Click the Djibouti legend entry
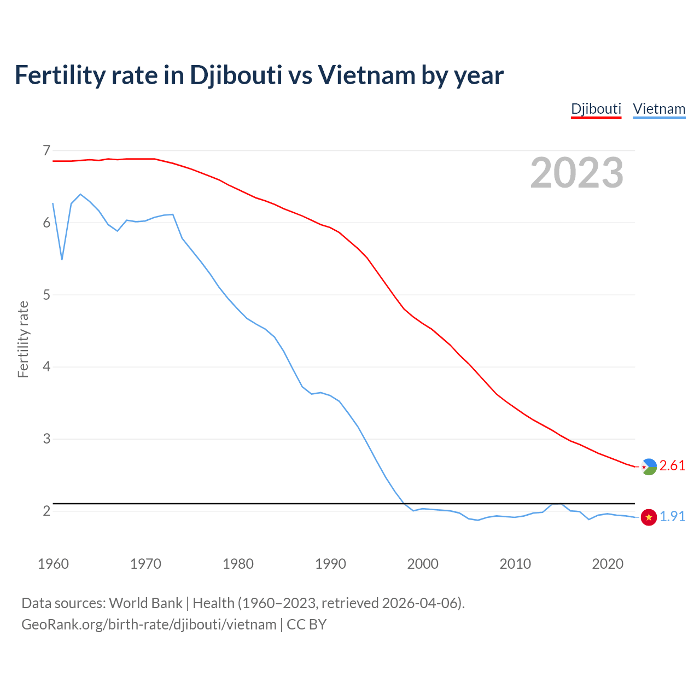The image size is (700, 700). [x=596, y=109]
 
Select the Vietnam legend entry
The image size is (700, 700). [x=659, y=109]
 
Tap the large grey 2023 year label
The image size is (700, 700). [x=577, y=173]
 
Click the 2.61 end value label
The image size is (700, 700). [x=672, y=466]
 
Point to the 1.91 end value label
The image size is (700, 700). [x=672, y=517]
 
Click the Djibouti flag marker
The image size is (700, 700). [x=649, y=466]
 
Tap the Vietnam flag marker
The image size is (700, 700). [x=649, y=517]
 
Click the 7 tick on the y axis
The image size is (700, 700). [x=46, y=150]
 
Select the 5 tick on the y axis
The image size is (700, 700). [x=46, y=295]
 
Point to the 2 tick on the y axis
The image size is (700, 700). [x=46, y=511]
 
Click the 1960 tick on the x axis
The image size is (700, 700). [x=53, y=564]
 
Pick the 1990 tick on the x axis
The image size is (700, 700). [x=330, y=564]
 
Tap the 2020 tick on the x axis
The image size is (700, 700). [x=608, y=564]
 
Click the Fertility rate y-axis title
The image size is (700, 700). [x=23, y=339]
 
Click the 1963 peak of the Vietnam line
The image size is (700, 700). [x=80, y=194]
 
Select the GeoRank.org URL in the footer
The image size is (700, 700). [x=149, y=625]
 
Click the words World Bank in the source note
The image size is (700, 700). [x=145, y=603]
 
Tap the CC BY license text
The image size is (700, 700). [x=306, y=625]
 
